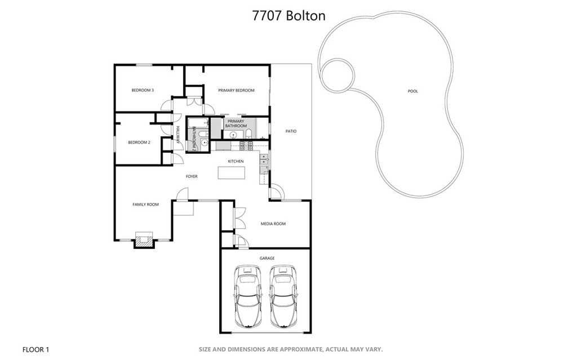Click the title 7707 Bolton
tap(288, 16)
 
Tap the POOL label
tap(413, 91)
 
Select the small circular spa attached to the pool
tap(337, 75)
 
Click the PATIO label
tap(291, 131)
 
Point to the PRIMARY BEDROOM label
tap(236, 90)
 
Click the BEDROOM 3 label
tap(143, 90)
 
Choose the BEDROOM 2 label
tap(139, 143)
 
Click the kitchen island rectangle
tap(232, 172)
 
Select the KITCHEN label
tap(236, 161)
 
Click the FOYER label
tap(192, 177)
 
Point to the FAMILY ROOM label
tap(146, 205)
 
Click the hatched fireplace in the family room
tap(144, 242)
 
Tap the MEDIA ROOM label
tap(273, 224)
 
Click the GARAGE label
tap(267, 259)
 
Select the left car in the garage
tap(248, 296)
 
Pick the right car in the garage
tap(283, 296)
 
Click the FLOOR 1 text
tap(35, 350)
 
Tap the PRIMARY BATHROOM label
tap(236, 124)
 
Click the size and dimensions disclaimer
tap(291, 349)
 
